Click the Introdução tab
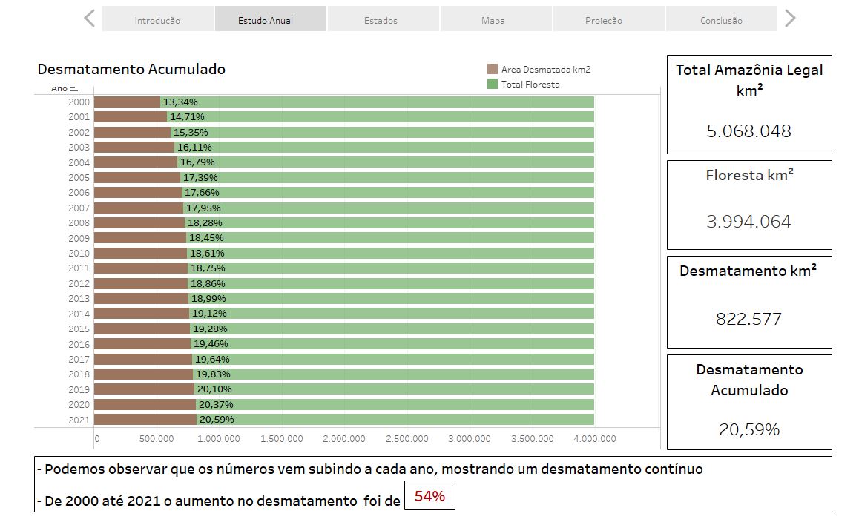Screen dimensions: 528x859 pyautogui.click(x=157, y=20)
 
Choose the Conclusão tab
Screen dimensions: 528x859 pyautogui.click(x=721, y=20)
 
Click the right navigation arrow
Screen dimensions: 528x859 pyautogui.click(x=791, y=19)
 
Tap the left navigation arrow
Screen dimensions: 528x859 pyautogui.click(x=90, y=19)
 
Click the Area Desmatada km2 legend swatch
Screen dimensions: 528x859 pyautogui.click(x=493, y=69)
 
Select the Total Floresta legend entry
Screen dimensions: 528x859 pyautogui.click(x=530, y=85)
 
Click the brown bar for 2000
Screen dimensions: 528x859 pyautogui.click(x=127, y=102)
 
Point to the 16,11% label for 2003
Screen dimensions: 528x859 pyautogui.click(x=194, y=148)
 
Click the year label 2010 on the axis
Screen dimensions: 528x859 pyautogui.click(x=79, y=254)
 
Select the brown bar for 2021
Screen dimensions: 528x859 pyautogui.click(x=145, y=420)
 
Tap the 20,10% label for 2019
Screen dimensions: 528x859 pyautogui.click(x=214, y=389)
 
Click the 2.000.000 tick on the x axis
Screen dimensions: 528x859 pyautogui.click(x=344, y=439)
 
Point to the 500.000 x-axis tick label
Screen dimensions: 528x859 pyautogui.click(x=157, y=439)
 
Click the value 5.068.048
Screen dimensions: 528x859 pyautogui.click(x=748, y=131)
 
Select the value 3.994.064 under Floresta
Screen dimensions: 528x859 pyautogui.click(x=748, y=222)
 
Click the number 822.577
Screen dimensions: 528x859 pyautogui.click(x=748, y=319)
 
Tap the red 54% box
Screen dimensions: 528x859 pyautogui.click(x=429, y=496)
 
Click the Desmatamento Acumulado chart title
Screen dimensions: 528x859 pyautogui.click(x=131, y=69)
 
